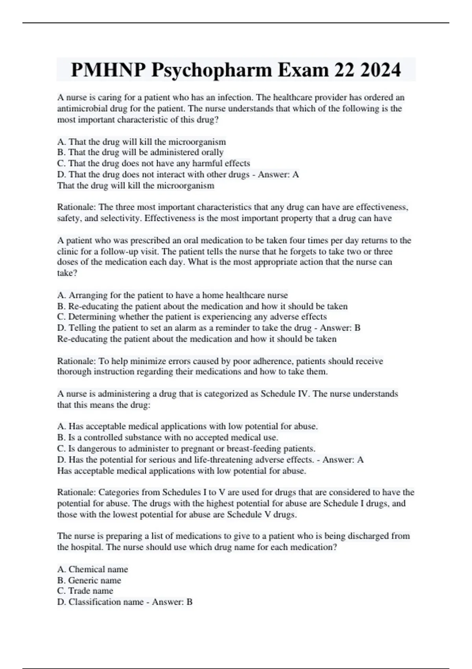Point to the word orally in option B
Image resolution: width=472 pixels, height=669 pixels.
coord(212,153)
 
